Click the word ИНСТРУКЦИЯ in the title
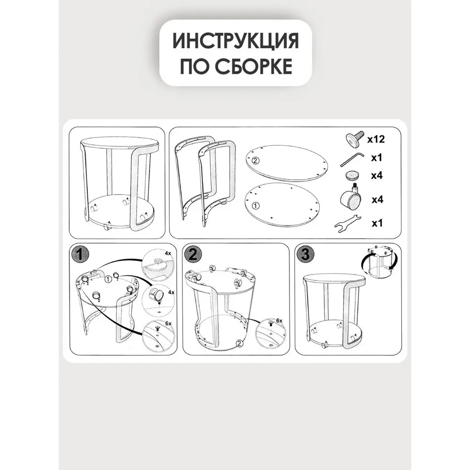(x=235, y=41)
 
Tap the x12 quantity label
(x=376, y=139)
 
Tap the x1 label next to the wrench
(x=377, y=223)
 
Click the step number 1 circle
(x=81, y=255)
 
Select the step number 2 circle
(x=193, y=255)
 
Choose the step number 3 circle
(x=305, y=255)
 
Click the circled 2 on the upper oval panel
(x=255, y=161)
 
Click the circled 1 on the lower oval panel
(x=255, y=205)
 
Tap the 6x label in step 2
(x=279, y=320)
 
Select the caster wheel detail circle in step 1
(x=158, y=299)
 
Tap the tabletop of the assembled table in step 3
(x=334, y=281)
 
